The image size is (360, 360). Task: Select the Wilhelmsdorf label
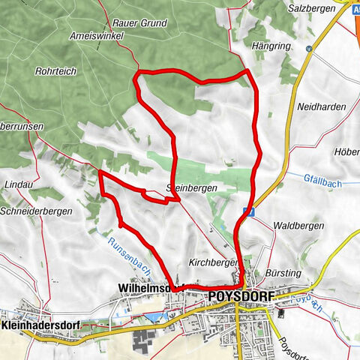click(142, 287)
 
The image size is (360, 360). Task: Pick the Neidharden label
click(322, 106)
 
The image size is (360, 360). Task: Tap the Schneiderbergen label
click(37, 211)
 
